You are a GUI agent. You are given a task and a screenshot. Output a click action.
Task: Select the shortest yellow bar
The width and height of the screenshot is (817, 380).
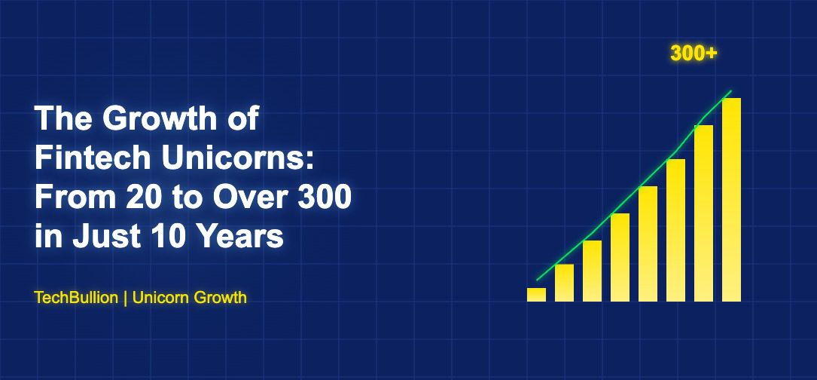(x=536, y=294)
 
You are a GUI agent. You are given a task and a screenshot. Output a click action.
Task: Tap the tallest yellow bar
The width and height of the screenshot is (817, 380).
(x=731, y=200)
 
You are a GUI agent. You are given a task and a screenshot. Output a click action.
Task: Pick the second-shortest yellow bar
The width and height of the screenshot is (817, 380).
(x=564, y=283)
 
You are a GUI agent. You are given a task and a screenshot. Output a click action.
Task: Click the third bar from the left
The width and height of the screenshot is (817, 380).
(x=592, y=271)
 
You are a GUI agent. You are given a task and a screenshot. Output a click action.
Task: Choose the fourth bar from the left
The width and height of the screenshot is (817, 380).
(x=620, y=257)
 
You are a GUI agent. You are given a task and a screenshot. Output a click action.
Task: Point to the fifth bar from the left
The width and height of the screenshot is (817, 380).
(x=648, y=244)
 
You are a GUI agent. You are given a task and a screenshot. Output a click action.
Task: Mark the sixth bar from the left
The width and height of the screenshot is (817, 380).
(x=675, y=230)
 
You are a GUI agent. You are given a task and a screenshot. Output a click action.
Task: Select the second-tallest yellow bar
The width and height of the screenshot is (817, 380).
(x=703, y=213)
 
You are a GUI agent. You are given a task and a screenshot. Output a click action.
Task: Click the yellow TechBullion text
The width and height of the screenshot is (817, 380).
(x=76, y=298)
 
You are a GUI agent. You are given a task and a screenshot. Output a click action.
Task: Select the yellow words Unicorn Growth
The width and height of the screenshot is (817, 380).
(x=190, y=298)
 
